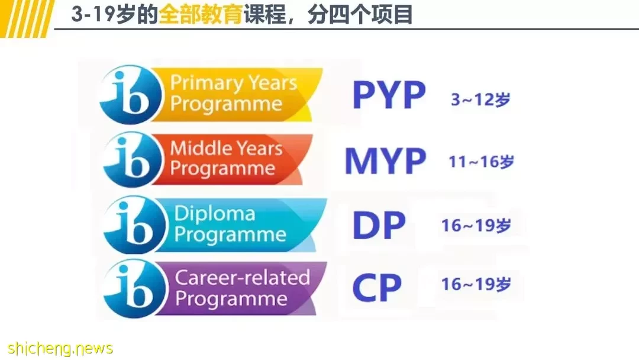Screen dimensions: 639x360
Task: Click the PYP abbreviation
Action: coord(389,95)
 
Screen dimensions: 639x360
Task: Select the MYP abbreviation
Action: coord(386,161)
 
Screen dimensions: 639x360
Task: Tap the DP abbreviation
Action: coord(379,225)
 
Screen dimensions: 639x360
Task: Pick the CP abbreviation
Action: coord(377,287)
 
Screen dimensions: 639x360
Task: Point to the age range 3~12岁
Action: coord(480,99)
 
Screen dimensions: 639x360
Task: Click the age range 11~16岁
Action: coord(481,162)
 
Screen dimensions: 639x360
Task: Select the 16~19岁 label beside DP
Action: coord(476,225)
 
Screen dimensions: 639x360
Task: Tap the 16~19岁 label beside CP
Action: coord(476,284)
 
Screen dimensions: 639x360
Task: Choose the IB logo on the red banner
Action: coord(133,160)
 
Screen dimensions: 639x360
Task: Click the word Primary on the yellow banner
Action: coord(206,83)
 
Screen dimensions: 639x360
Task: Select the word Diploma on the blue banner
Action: coord(215,214)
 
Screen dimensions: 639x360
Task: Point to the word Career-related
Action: coord(243,278)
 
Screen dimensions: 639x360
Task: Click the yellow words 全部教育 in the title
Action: coord(201,15)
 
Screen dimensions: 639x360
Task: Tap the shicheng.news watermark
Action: coord(60,349)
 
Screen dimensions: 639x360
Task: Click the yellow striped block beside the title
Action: coord(27,19)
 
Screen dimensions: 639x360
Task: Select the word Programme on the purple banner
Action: coord(231,300)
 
